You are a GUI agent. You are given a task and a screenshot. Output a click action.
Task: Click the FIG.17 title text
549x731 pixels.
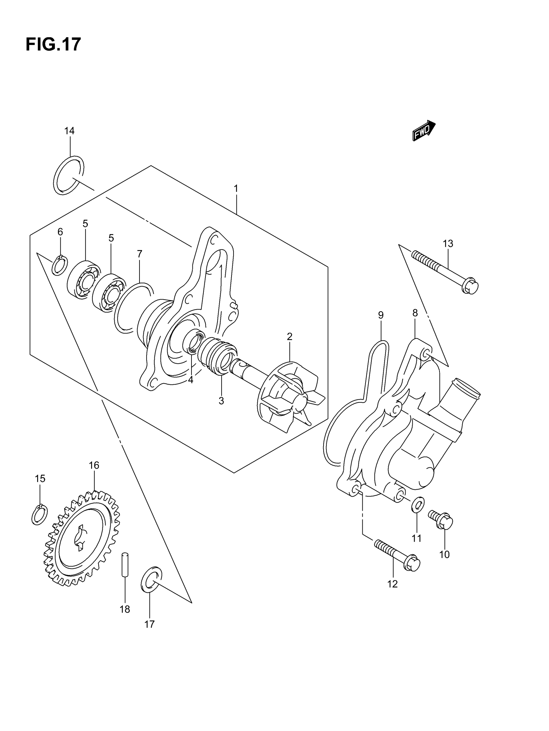[53, 44]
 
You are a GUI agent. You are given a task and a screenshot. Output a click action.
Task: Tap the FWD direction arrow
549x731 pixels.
[423, 130]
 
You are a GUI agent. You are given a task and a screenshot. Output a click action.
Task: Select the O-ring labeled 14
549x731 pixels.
[68, 175]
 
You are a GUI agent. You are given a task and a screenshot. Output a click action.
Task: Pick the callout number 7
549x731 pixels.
[140, 254]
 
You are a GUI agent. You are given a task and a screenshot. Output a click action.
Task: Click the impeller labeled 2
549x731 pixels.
[291, 397]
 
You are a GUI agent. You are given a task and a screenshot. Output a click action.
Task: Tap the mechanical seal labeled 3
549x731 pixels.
[218, 357]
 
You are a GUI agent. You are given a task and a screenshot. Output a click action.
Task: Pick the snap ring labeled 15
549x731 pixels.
[39, 515]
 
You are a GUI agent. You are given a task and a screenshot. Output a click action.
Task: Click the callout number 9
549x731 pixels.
[380, 315]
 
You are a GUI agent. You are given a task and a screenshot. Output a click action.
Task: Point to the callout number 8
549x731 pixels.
[415, 313]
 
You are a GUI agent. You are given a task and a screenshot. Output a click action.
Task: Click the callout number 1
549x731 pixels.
[236, 189]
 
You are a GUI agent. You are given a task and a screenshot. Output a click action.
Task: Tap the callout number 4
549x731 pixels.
[191, 380]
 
